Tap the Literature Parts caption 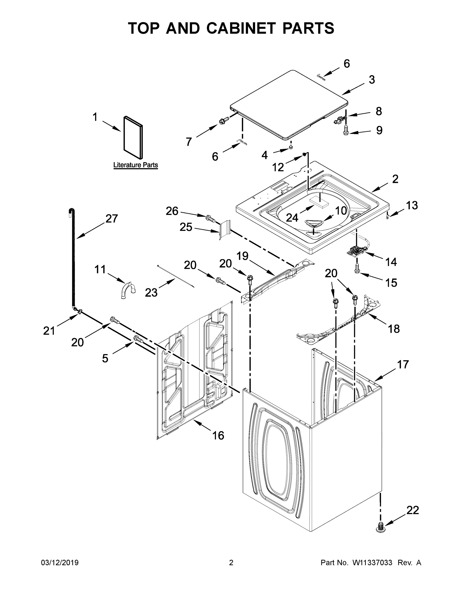135,165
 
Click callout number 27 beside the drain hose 112,219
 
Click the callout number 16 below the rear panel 218,435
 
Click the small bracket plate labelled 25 225,229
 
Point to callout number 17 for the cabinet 403,365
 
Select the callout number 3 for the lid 372,80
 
